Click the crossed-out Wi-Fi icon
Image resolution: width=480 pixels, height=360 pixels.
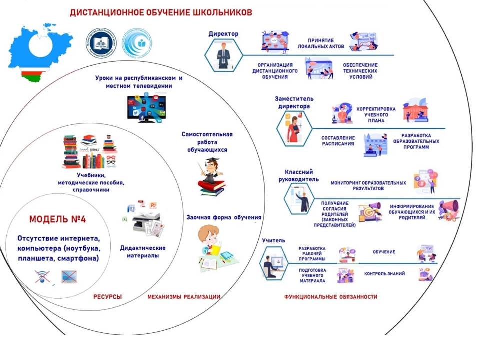pyautogui.click(x=44, y=276)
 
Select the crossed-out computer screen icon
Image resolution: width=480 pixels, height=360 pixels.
pyautogui.click(x=69, y=276)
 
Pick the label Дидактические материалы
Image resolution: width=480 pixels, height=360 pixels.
pyautogui.click(x=143, y=252)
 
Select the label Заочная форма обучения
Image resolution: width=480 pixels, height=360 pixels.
pyautogui.click(x=224, y=217)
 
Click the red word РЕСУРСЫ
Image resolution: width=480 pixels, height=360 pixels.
pyautogui.click(x=107, y=297)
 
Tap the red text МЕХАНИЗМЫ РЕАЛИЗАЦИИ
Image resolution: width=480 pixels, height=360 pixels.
pyautogui.click(x=184, y=297)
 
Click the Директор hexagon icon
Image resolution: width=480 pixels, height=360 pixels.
pyautogui.click(x=224, y=54)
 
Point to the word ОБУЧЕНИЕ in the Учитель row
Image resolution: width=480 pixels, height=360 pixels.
pyautogui.click(x=383, y=252)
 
